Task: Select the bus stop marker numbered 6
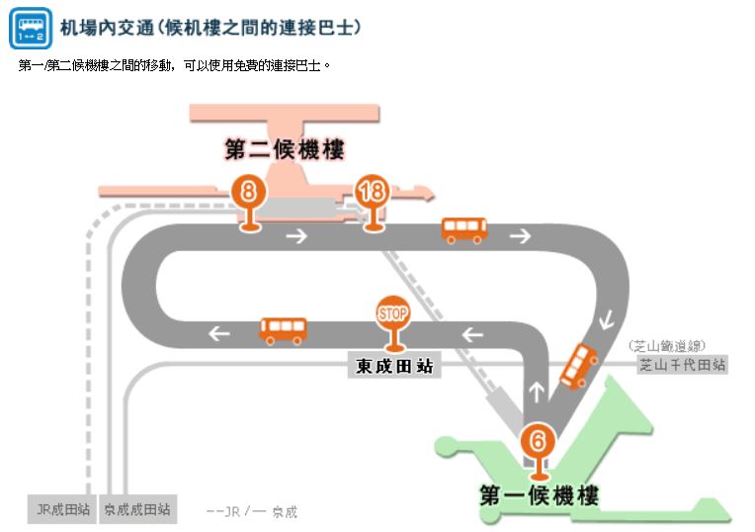(x=538, y=440)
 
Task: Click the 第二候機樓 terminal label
(x=284, y=150)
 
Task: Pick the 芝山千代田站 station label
(x=682, y=365)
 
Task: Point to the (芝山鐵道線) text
(x=666, y=345)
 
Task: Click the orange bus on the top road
(x=463, y=230)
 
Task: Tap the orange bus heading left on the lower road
(x=283, y=329)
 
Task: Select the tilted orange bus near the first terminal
(x=578, y=366)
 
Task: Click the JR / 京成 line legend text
(x=252, y=511)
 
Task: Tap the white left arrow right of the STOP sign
(x=472, y=334)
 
